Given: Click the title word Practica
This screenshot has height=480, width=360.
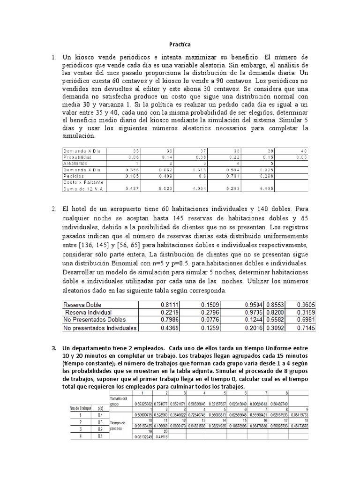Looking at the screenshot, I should (x=180, y=45).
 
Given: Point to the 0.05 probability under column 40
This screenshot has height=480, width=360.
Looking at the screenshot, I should (x=303, y=157).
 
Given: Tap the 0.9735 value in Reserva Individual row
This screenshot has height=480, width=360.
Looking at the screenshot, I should (x=253, y=312).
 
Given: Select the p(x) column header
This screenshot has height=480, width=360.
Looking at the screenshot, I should (x=99, y=409).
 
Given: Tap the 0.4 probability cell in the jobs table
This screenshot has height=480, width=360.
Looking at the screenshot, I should (x=99, y=415).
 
